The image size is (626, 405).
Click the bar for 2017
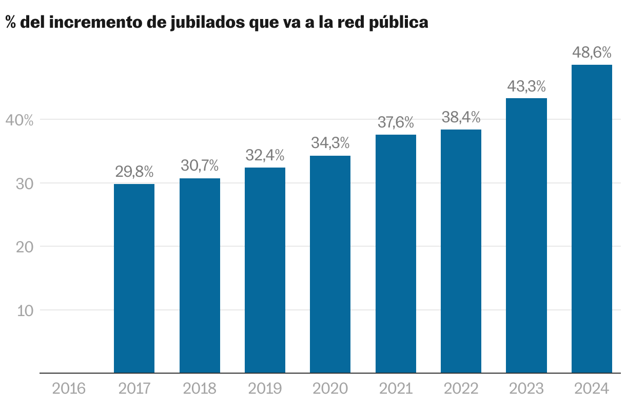(x=134, y=278)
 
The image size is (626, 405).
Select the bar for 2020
(x=330, y=264)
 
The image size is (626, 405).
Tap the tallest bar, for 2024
(x=592, y=218)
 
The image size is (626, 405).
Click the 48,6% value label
(x=592, y=52)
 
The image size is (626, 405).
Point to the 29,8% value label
(x=134, y=172)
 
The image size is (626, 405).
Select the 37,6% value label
(x=396, y=122)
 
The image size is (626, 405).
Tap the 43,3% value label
(x=526, y=86)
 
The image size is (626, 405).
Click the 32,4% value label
(x=265, y=155)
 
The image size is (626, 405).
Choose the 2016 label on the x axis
(x=69, y=388)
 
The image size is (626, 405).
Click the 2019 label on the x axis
(x=265, y=388)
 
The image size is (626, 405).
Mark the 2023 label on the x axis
(x=526, y=388)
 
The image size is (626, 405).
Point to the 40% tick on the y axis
(x=19, y=120)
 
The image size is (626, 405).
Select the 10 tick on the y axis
(x=24, y=310)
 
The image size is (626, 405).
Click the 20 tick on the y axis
(x=24, y=247)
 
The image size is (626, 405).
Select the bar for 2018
(x=200, y=275)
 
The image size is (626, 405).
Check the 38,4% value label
(x=461, y=117)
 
